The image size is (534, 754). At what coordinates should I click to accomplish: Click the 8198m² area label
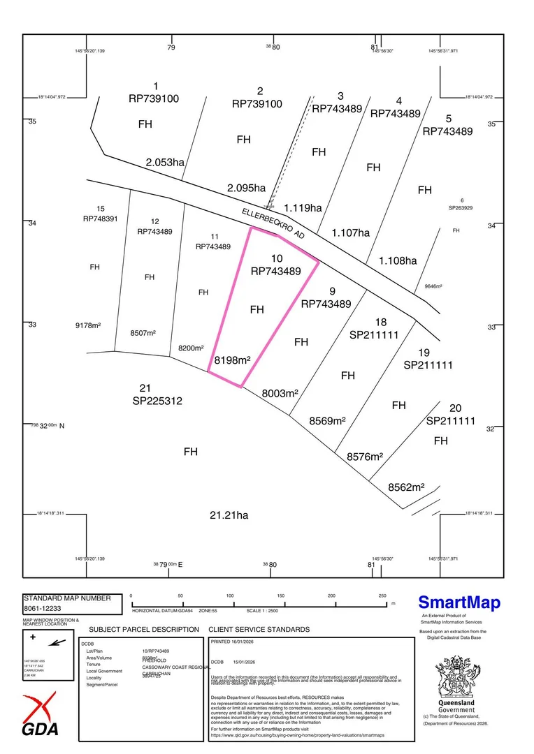(x=233, y=360)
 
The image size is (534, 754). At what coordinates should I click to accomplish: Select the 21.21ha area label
(x=229, y=516)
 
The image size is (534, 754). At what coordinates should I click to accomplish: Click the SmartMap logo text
(x=459, y=603)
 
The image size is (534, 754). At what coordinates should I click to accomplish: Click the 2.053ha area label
(x=165, y=163)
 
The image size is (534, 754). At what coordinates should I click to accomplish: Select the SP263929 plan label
(x=461, y=207)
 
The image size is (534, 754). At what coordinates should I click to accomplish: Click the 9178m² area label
(x=94, y=325)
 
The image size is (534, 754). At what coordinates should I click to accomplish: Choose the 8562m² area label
(x=406, y=487)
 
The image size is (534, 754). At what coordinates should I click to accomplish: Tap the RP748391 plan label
(x=101, y=219)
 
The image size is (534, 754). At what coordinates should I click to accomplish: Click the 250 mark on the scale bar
(x=382, y=596)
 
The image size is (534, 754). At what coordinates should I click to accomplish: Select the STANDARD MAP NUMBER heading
(x=68, y=598)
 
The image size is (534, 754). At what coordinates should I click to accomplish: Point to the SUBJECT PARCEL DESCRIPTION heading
(x=144, y=629)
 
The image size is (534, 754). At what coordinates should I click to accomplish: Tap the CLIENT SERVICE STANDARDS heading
(x=259, y=629)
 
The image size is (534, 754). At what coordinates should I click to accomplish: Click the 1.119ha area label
(x=303, y=207)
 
